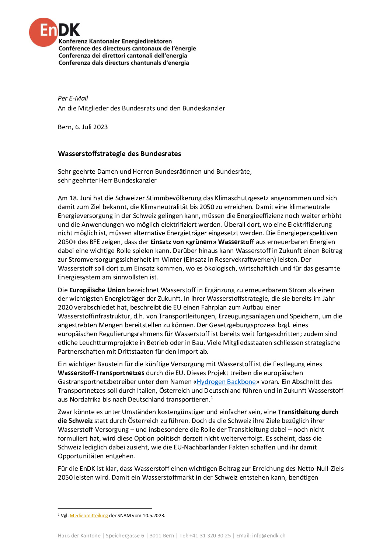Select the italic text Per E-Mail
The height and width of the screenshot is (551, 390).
click(x=73, y=98)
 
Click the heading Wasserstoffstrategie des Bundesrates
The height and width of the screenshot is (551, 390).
click(x=119, y=154)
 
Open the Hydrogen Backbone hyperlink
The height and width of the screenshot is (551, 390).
click(x=226, y=382)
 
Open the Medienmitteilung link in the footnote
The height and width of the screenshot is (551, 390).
click(x=89, y=516)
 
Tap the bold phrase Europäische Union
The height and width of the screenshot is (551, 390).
click(x=97, y=290)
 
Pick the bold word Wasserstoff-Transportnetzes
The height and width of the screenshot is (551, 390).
click(x=101, y=373)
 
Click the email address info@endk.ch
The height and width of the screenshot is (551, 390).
click(x=269, y=536)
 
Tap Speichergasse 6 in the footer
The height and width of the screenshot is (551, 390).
click(x=125, y=536)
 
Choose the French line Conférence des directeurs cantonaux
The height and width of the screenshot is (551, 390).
click(x=127, y=49)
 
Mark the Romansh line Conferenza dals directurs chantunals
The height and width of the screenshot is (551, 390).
click(x=123, y=63)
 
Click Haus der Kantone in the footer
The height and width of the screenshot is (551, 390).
click(x=79, y=536)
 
